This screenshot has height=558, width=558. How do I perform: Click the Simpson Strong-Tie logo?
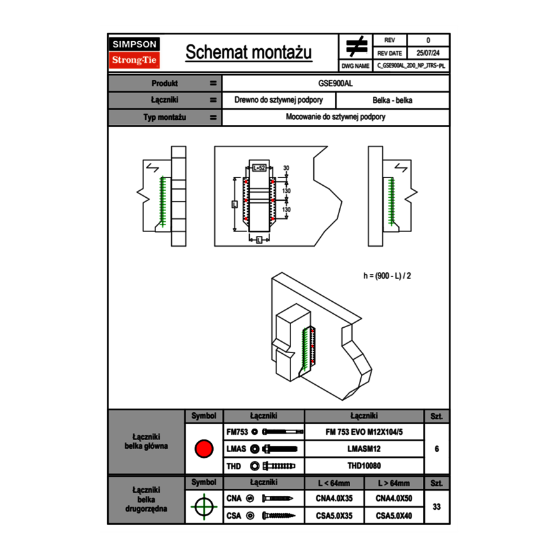pos(135,53)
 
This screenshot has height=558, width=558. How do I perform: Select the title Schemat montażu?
pos(249,53)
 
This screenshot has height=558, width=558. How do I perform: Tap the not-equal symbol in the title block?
pos(356,46)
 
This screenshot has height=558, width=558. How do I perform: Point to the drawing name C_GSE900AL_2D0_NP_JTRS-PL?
pos(411,65)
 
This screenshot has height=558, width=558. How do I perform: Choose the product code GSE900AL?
pos(335,83)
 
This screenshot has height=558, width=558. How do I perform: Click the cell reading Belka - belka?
pos(393,100)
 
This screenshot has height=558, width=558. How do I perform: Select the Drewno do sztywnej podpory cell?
pos(278,100)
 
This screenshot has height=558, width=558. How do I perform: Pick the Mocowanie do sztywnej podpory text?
pos(335,117)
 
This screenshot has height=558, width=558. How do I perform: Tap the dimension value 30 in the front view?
pos(286,168)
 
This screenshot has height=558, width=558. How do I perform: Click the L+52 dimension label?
pos(259,168)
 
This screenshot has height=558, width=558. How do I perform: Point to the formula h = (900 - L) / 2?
pos(391,276)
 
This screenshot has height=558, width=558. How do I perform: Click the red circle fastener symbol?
pos(203,449)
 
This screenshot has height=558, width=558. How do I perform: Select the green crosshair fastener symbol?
pos(203,507)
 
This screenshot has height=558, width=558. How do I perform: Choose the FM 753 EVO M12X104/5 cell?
pos(364,432)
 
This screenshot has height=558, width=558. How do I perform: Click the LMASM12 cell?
pos(364,449)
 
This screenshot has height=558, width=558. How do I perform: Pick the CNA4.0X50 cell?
pos(394,498)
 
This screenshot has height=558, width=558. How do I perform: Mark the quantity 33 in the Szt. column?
pos(436,507)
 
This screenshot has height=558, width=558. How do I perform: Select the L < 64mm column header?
pos(334,483)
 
